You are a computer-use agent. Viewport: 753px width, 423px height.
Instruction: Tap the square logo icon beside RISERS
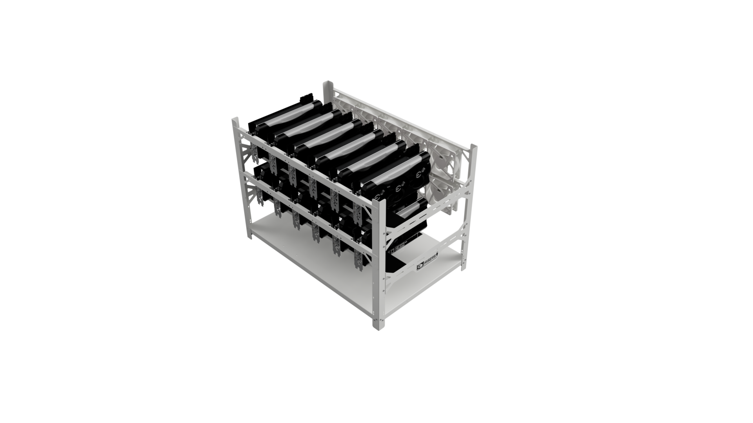pyautogui.click(x=420, y=267)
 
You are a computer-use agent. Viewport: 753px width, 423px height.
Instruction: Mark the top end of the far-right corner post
pyautogui.click(x=473, y=146)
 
